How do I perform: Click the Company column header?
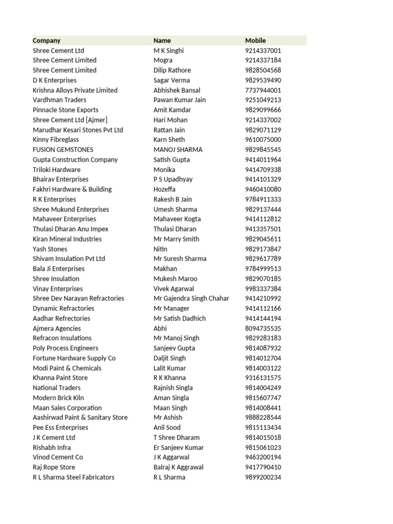point(47,40)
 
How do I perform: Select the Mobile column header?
point(255,40)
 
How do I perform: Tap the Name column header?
point(162,40)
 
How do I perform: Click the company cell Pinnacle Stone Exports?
point(65,110)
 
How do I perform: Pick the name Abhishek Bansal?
point(177,90)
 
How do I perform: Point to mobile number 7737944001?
point(263,90)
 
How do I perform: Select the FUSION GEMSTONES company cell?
point(63,150)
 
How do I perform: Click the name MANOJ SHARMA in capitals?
point(178,150)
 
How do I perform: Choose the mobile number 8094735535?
point(263,329)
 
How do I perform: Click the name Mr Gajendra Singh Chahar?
point(191,298)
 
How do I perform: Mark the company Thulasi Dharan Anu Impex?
point(71,229)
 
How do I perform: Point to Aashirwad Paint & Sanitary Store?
point(80,418)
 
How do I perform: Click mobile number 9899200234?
point(263,477)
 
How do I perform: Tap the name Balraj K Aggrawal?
point(179,467)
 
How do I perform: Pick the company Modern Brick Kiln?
point(58,398)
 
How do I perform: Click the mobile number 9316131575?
point(263,378)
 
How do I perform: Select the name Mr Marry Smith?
point(177,239)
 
